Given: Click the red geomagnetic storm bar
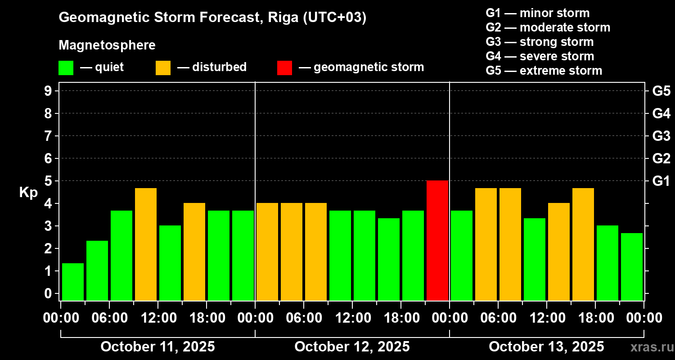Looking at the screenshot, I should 437,240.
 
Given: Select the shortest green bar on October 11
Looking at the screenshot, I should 73,282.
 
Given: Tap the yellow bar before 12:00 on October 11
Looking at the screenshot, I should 146,244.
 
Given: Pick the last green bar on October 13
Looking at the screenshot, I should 632,266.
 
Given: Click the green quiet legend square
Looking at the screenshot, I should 66,67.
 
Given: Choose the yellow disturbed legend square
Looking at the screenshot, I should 163,67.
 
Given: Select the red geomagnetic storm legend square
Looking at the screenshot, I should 284,67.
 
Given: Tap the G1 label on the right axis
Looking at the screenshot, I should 661,181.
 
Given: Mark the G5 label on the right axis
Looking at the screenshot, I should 661,91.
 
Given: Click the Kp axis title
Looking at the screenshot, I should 28,193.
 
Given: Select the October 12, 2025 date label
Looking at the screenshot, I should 352,347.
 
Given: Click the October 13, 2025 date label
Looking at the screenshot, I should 546,347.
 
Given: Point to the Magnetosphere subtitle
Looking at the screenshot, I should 107,45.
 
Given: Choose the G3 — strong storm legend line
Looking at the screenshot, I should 540,42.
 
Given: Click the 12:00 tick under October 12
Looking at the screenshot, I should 352,318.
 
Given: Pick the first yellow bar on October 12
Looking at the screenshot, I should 267,252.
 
